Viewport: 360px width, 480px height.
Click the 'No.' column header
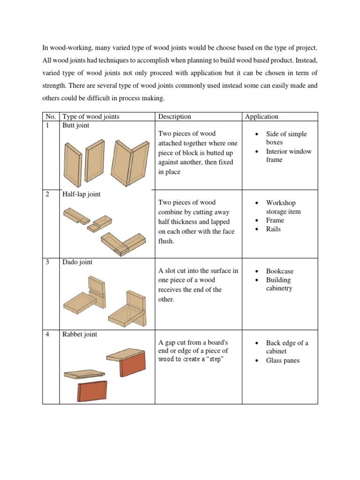click(x=50, y=117)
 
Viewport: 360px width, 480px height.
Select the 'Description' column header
click(x=175, y=117)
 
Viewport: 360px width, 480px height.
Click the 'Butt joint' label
click(x=76, y=126)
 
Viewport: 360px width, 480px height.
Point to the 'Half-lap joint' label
click(x=82, y=194)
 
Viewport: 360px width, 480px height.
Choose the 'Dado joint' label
click(x=77, y=262)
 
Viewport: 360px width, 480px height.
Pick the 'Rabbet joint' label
click(x=80, y=334)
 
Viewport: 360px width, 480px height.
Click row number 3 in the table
click(x=48, y=262)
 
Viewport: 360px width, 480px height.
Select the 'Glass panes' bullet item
click(x=283, y=360)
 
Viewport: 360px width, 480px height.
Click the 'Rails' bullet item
click(x=273, y=229)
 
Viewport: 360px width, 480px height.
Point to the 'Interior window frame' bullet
click(x=288, y=156)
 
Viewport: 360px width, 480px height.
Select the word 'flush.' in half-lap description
click(x=166, y=241)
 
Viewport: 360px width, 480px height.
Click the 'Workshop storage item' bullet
click(x=283, y=207)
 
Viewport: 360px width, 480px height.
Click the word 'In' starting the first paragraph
click(x=45, y=48)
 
